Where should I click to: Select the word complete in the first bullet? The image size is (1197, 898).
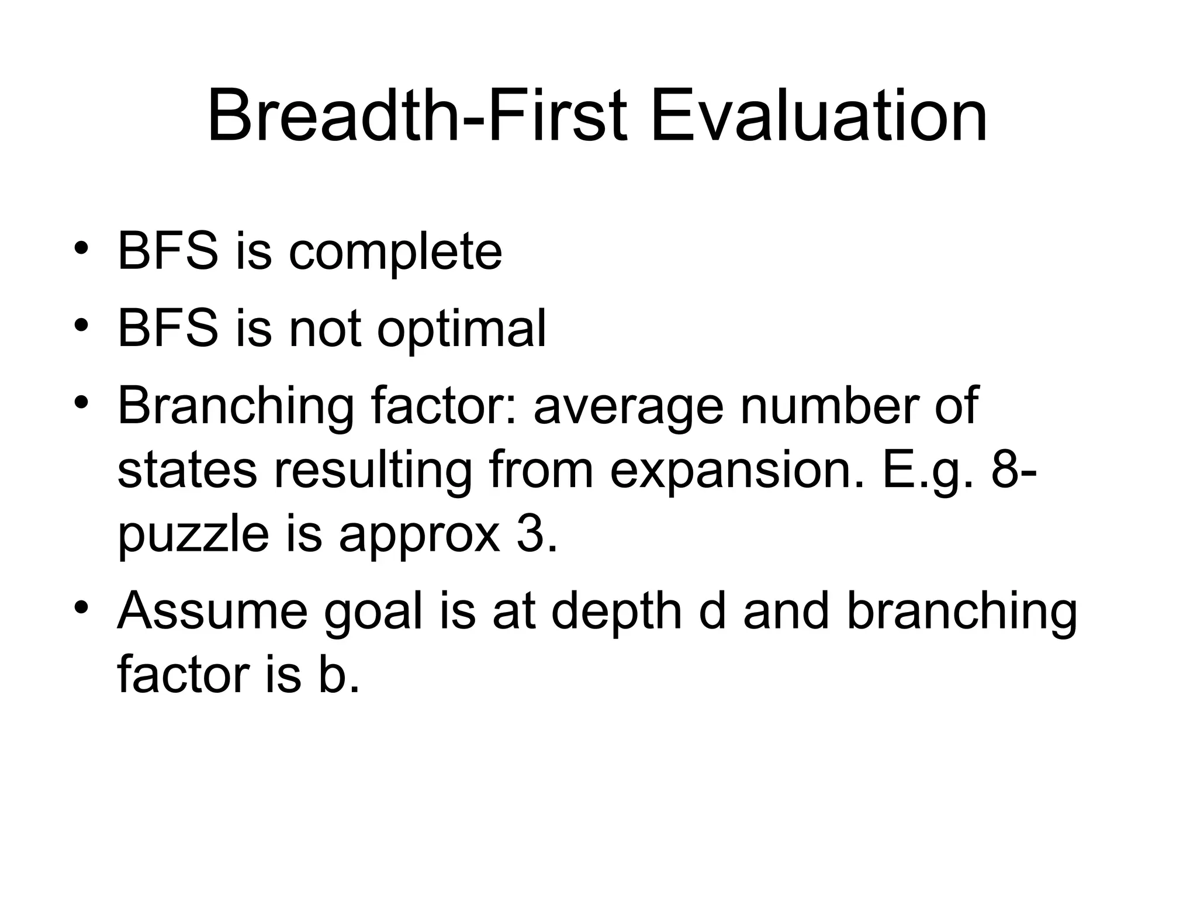click(395, 253)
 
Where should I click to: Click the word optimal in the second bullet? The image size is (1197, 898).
click(461, 329)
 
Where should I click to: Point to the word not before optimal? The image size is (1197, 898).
click(325, 330)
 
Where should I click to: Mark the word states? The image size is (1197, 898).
click(187, 471)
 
